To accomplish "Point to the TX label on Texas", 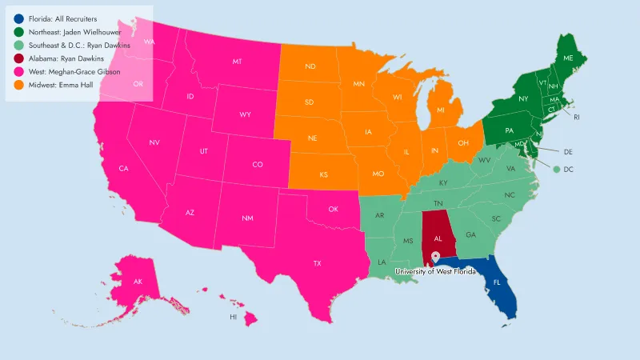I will coord(317,263).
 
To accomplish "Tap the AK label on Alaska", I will coord(138,282).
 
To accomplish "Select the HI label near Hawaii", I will coord(234,317).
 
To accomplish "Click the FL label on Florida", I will coord(497,282).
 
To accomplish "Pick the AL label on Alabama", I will coord(438,238).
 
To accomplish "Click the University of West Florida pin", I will coord(435,258).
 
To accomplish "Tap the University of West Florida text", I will coord(435,271).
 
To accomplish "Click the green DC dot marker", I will coord(556,169).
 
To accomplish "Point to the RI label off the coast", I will coord(576,117).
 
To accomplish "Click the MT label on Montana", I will coord(238,62).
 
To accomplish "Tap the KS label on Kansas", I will coord(324,174).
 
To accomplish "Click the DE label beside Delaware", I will coord(568,151).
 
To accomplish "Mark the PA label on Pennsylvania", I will coord(509,130).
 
